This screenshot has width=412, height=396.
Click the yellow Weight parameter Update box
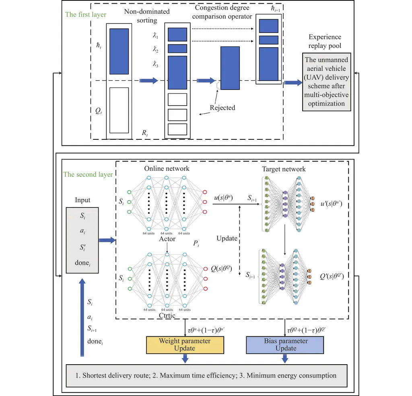[x=185, y=344]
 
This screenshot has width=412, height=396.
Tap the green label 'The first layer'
[x=86, y=15]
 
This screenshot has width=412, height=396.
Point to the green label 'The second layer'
[x=89, y=174]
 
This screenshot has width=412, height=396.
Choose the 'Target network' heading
[x=283, y=169]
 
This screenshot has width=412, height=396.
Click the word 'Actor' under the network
[x=167, y=239]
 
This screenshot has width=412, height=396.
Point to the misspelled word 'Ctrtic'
[x=167, y=315]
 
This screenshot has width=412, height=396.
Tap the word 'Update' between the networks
[x=227, y=238]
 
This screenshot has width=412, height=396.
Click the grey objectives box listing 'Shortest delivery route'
[x=206, y=375]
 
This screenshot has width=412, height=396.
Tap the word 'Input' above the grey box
[x=82, y=200]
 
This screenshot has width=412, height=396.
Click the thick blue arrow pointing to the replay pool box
[x=293, y=83]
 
